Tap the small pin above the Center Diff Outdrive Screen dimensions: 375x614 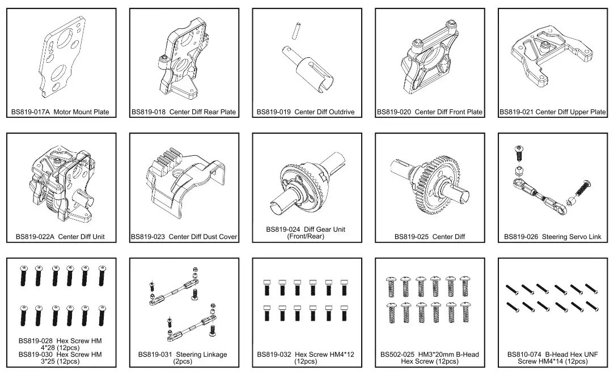click(x=295, y=30)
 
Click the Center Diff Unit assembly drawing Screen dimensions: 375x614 click(x=60, y=184)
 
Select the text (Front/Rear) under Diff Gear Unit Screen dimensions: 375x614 click(x=306, y=236)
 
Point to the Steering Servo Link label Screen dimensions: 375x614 click(x=571, y=237)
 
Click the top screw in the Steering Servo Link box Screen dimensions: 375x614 click(x=518, y=152)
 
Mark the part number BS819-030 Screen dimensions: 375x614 click(x=36, y=354)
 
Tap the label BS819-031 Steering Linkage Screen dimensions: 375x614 click(x=183, y=355)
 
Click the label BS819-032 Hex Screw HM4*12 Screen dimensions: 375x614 click(x=306, y=355)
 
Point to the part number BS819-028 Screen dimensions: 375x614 click(x=36, y=341)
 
